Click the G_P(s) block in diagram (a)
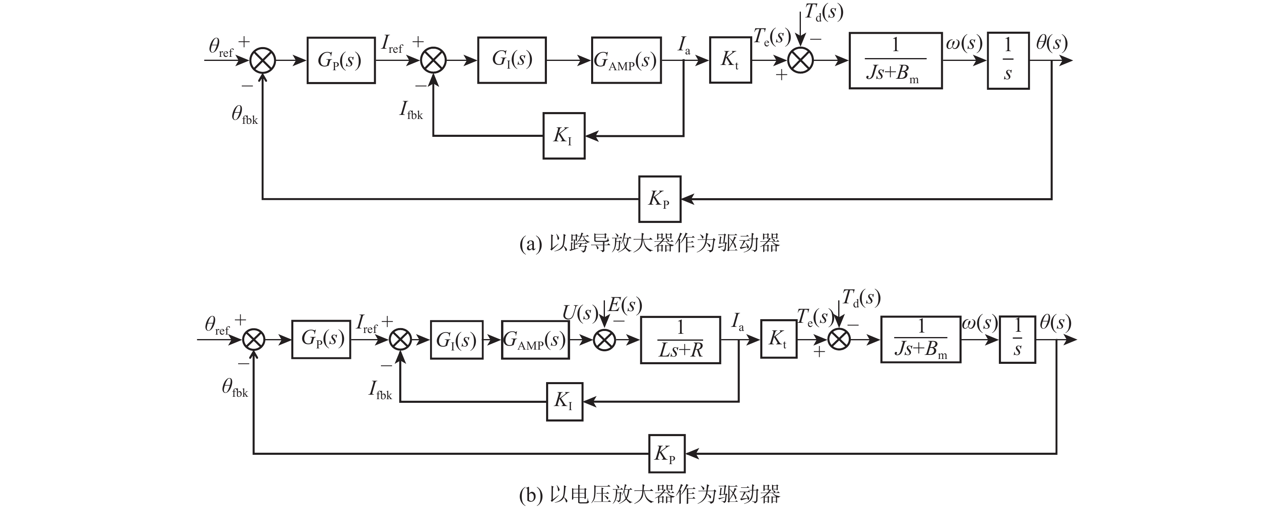[x=341, y=60]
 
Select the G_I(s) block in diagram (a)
[x=512, y=60]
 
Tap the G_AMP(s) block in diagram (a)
[x=626, y=60]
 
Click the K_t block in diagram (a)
[x=730, y=60]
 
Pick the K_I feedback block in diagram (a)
[x=564, y=136]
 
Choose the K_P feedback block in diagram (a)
[x=659, y=199]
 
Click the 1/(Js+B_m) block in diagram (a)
[x=895, y=61]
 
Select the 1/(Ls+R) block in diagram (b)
[x=680, y=339]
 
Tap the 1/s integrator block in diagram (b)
[x=1017, y=339]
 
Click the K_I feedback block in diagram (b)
[x=564, y=401]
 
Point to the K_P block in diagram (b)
[x=666, y=453]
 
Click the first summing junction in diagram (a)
[x=262, y=61]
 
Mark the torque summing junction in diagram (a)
[x=800, y=61]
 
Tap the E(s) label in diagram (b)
[x=625, y=305]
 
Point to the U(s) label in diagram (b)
[x=579, y=313]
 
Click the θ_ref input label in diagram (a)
[x=221, y=47]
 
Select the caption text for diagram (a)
[x=650, y=243]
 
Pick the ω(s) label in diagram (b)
[x=979, y=323]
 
